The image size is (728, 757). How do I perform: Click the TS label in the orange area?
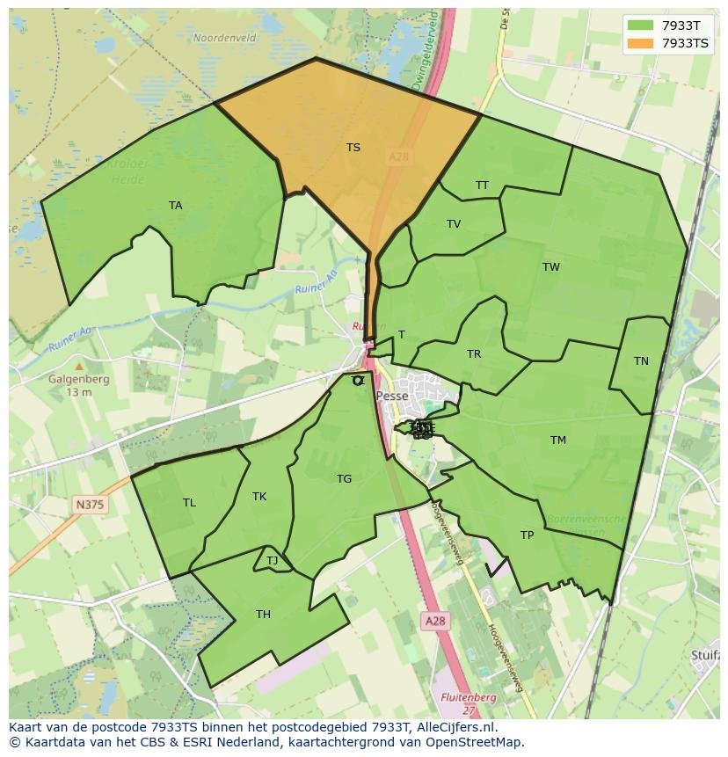pos(353,148)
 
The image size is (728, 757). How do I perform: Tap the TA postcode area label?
pos(176,206)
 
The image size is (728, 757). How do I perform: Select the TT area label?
pos(482,186)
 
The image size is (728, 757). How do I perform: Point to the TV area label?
pos(454,224)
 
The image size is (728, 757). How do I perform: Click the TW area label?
pos(551,267)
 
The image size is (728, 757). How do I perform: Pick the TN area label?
pos(641,361)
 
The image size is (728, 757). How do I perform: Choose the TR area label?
pos(474,354)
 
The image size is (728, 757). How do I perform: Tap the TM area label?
pos(558,440)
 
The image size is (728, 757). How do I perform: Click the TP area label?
pos(527,535)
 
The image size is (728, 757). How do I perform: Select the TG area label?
pos(344,479)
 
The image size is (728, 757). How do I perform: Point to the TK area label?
pos(259,497)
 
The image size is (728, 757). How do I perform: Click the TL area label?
pos(189,503)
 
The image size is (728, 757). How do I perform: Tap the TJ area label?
pos(272,561)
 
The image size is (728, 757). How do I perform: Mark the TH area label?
pos(263,615)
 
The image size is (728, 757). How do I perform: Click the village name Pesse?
pos(392,397)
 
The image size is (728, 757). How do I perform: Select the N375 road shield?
pos(89,504)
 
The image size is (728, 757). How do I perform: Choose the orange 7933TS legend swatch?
pos(640,43)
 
